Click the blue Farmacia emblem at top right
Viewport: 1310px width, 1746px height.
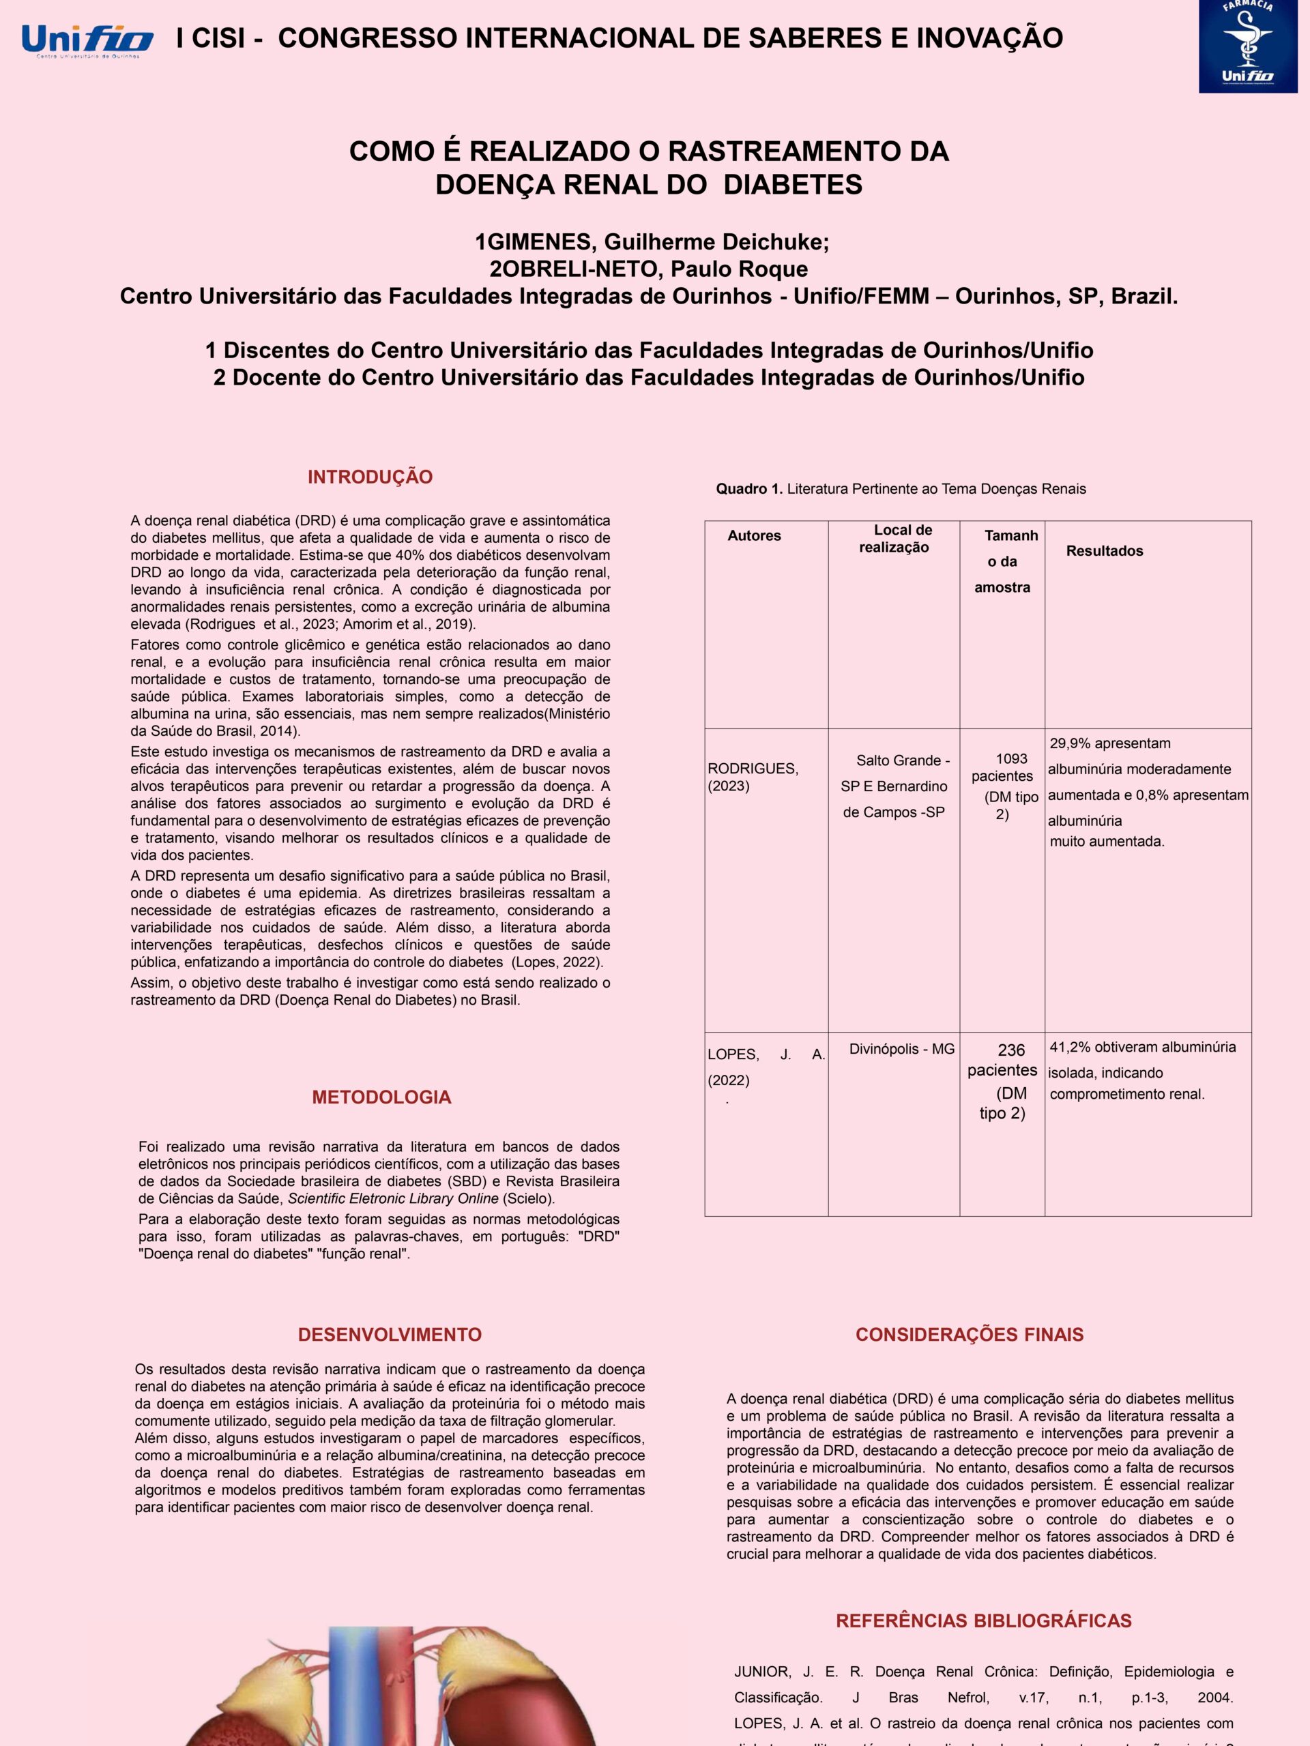[x=1248, y=45]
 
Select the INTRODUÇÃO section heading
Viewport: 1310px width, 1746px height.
[x=370, y=477]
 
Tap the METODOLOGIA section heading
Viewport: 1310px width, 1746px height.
[x=381, y=1097]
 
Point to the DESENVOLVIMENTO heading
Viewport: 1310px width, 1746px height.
[x=390, y=1335]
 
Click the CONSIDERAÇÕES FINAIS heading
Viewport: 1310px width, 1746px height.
[x=970, y=1335]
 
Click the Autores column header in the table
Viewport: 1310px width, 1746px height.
[x=754, y=535]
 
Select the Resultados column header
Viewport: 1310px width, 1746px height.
[x=1104, y=551]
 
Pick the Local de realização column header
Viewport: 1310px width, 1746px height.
[x=894, y=538]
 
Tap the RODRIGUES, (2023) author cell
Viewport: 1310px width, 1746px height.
[x=753, y=777]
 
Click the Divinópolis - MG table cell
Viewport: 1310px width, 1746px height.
[x=902, y=1048]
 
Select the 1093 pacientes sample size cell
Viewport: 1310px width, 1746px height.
[x=1003, y=786]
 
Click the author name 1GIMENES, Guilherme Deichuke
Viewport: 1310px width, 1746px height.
[x=652, y=241]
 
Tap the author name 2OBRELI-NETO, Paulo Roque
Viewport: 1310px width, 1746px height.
[x=648, y=269]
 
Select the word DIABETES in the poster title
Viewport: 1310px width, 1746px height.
[x=793, y=184]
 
